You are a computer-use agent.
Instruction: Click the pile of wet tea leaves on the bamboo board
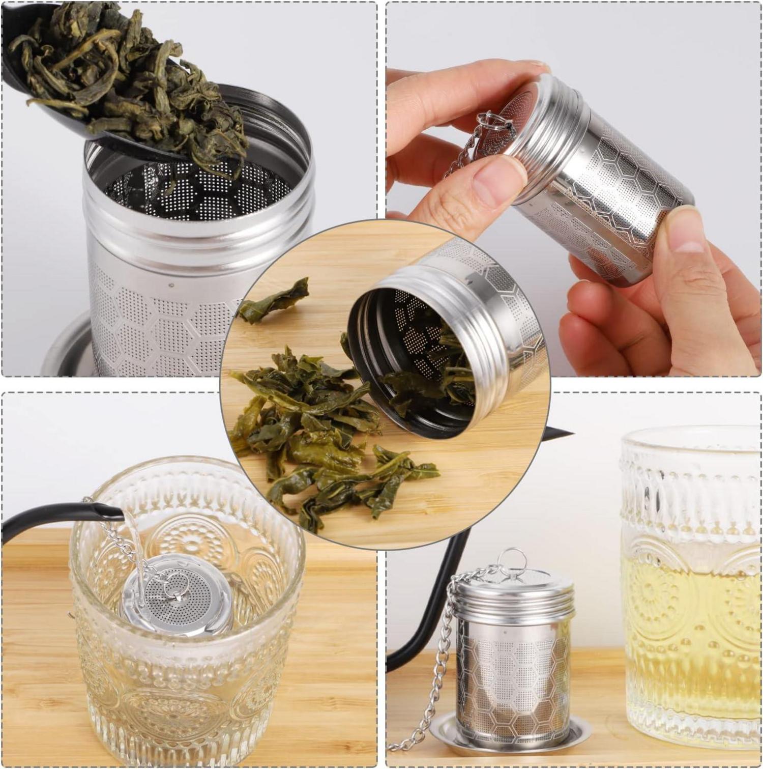(315, 433)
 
